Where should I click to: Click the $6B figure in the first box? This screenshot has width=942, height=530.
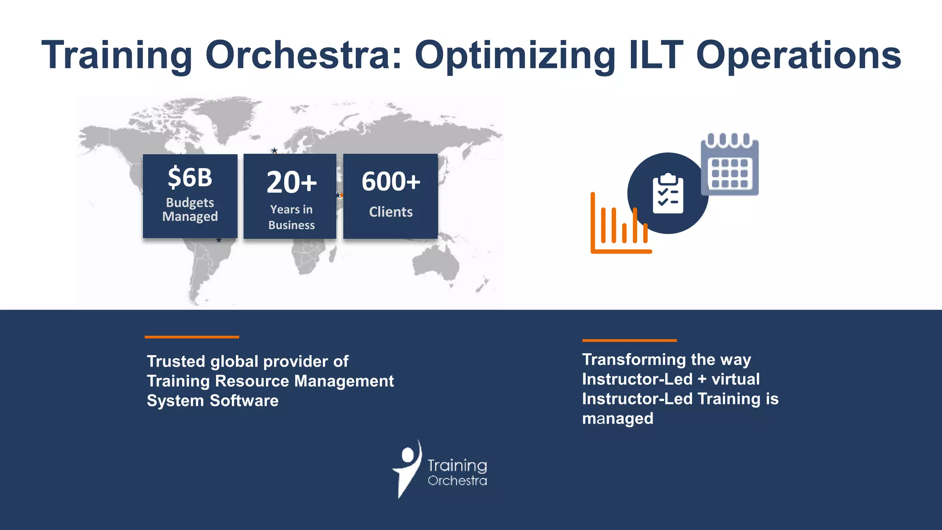[x=190, y=178]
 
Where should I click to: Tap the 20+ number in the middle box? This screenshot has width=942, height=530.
[x=292, y=182]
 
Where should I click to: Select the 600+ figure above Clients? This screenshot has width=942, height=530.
[x=391, y=181]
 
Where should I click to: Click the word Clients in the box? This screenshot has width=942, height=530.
[x=391, y=212]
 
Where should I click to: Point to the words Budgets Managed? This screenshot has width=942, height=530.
[x=190, y=209]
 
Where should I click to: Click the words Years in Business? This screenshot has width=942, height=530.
[x=292, y=217]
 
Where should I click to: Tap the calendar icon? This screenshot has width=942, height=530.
[x=729, y=166]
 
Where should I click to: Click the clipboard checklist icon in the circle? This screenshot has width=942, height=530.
[x=668, y=194]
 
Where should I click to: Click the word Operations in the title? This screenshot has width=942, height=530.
[x=798, y=56]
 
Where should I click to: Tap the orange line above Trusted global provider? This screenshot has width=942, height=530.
[x=192, y=337]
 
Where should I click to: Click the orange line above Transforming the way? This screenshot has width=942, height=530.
[x=629, y=340]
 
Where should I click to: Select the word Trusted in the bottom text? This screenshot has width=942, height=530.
[x=176, y=362]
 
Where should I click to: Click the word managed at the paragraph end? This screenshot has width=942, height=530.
[x=617, y=419]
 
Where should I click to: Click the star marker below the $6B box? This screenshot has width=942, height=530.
[x=219, y=240]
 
